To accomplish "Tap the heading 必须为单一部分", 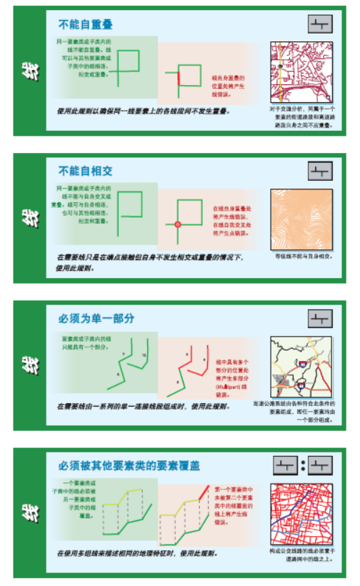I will pyautogui.click(x=96, y=317).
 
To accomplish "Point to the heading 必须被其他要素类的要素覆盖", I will pyautogui.click(x=129, y=466).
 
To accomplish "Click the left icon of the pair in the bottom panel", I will pyautogui.click(x=286, y=466).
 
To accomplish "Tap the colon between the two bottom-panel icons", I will pyautogui.click(x=303, y=466).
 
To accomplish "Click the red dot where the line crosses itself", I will pyautogui.click(x=178, y=225).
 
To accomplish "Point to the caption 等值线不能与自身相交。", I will pyautogui.click(x=302, y=256).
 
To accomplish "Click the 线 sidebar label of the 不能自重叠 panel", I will pyautogui.click(x=29, y=71).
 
